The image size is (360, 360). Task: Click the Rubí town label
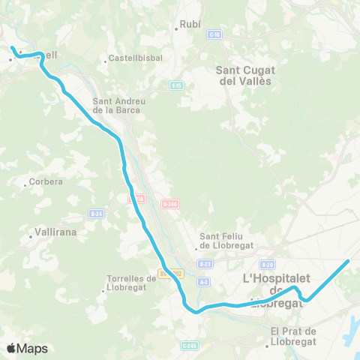click(190, 24)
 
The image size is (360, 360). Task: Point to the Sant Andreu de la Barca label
click(113, 106)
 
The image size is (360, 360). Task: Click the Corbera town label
click(45, 181)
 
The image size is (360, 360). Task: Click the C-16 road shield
click(215, 34)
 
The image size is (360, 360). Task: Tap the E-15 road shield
click(176, 85)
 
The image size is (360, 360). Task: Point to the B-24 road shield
click(95, 213)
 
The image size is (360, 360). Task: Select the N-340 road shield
click(169, 202)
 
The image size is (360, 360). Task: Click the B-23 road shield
click(205, 264)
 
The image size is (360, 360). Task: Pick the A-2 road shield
click(204, 281)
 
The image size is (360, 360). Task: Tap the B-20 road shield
click(268, 264)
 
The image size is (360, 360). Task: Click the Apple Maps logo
click(27, 348)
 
